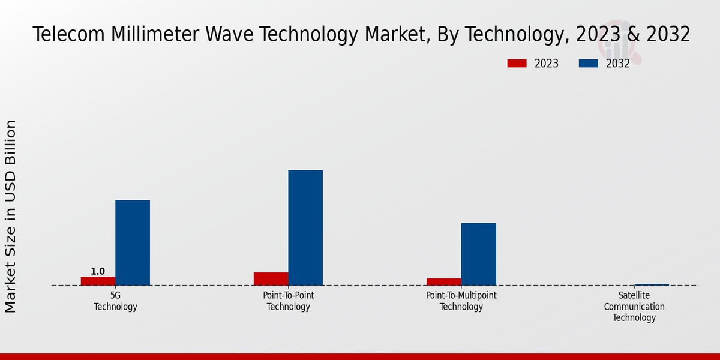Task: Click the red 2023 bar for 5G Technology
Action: click(98, 281)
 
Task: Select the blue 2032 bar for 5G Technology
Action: click(133, 242)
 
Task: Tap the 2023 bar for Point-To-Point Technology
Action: click(271, 278)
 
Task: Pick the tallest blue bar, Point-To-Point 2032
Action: click(305, 227)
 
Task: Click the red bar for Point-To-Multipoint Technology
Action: click(444, 281)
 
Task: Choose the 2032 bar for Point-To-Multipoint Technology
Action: click(479, 254)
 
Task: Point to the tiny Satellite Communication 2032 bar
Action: click(652, 284)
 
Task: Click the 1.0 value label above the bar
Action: click(98, 272)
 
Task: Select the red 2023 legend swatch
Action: click(517, 64)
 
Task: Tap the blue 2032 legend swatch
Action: click(589, 64)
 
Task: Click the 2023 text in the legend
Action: click(546, 64)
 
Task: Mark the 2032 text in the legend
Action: click(618, 64)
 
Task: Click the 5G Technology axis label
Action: click(116, 301)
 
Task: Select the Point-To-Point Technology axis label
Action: click(289, 301)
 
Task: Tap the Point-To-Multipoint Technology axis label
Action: click(461, 301)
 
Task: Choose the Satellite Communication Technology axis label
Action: click(634, 307)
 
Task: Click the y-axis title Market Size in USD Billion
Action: click(11, 216)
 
